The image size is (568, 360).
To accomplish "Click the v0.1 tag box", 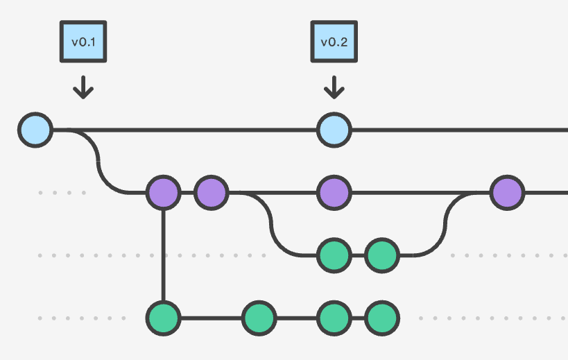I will [x=83, y=42].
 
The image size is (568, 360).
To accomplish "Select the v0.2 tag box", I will [x=334, y=42].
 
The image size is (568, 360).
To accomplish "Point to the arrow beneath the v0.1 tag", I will [x=83, y=87].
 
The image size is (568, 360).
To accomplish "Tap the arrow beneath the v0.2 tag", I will [x=334, y=87].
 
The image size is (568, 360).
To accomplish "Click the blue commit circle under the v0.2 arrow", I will [x=334, y=130].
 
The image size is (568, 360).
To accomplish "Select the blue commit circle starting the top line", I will [x=35, y=130].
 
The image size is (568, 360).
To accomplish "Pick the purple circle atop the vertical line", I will [x=164, y=192].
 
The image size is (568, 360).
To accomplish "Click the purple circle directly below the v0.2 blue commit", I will [x=334, y=192].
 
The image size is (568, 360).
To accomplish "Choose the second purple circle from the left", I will [x=212, y=192].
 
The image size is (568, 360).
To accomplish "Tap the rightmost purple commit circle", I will [x=507, y=192].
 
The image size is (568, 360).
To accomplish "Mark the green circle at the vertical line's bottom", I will [x=164, y=318].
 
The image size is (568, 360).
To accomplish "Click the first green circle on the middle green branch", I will [x=334, y=255].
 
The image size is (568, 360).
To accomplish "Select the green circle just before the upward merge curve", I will [x=381, y=255].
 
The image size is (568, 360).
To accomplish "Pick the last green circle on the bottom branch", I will [x=381, y=318].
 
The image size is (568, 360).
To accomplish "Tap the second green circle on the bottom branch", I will [x=259, y=318].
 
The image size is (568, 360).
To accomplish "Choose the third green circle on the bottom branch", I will [x=334, y=318].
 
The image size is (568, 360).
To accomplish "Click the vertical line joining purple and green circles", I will [x=164, y=255].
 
